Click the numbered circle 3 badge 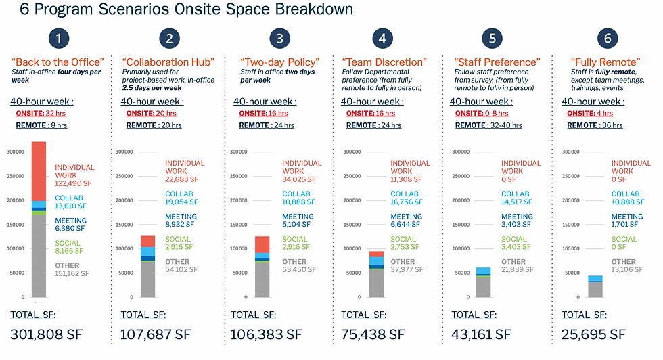coord(280,39)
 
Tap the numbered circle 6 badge coord(607,39)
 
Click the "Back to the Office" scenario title coord(58,62)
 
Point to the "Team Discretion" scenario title coord(384,62)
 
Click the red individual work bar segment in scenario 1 coord(39,171)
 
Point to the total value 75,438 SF coord(373,334)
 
